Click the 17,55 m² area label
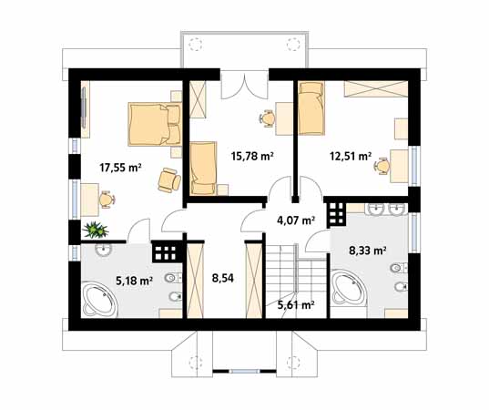(121, 168)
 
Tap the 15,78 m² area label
(252, 156)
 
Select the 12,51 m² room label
(351, 156)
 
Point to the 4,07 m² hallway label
(296, 220)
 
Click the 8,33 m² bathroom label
(368, 251)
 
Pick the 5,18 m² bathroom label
(134, 281)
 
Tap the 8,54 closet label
(223, 278)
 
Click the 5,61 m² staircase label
(296, 305)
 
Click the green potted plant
(96, 230)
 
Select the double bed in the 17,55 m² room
(155, 124)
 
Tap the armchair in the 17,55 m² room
(169, 179)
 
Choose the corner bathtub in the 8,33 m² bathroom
(349, 289)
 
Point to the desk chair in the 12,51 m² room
(382, 167)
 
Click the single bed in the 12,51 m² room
(311, 108)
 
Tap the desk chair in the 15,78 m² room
(268, 118)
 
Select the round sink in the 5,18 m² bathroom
(103, 250)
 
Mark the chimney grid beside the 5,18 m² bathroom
(167, 251)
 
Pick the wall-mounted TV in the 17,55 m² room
(84, 108)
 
